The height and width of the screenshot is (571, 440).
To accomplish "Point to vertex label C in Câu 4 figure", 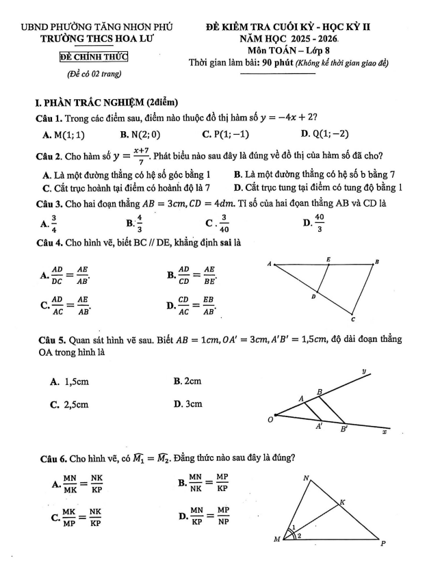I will pyautogui.click(x=353, y=319).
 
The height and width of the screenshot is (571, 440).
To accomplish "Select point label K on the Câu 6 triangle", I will pyautogui.click(x=343, y=502).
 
